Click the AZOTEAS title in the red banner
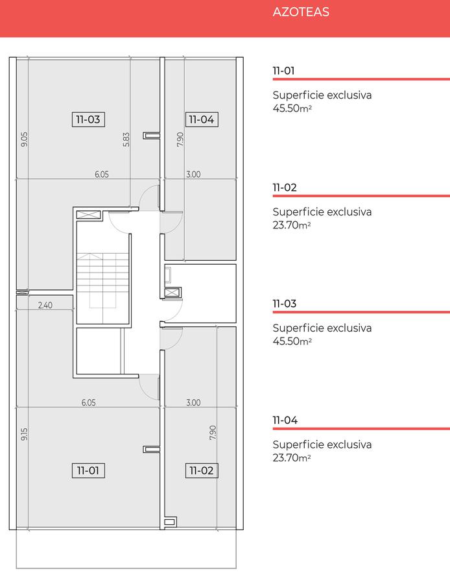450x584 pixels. [301, 12]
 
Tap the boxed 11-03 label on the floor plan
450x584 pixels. [88, 119]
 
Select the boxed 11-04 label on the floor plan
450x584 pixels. [202, 119]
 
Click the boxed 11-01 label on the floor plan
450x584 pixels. [88, 470]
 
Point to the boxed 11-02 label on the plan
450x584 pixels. [202, 470]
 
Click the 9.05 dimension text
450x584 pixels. [24, 140]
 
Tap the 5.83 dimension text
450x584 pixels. [126, 140]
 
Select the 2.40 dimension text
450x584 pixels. [45, 305]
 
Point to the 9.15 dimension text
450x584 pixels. [24, 434]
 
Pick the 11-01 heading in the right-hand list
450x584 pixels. [283, 70]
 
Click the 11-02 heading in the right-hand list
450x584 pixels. [285, 188]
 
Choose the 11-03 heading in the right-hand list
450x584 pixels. [285, 304]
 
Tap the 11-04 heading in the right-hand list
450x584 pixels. [285, 420]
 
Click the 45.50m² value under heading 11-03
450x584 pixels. [292, 341]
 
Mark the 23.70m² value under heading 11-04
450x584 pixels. [292, 457]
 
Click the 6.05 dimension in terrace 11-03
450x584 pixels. [102, 175]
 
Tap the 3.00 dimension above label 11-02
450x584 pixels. [193, 402]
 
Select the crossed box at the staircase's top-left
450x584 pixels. [89, 215]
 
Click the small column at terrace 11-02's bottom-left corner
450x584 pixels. [170, 522]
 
